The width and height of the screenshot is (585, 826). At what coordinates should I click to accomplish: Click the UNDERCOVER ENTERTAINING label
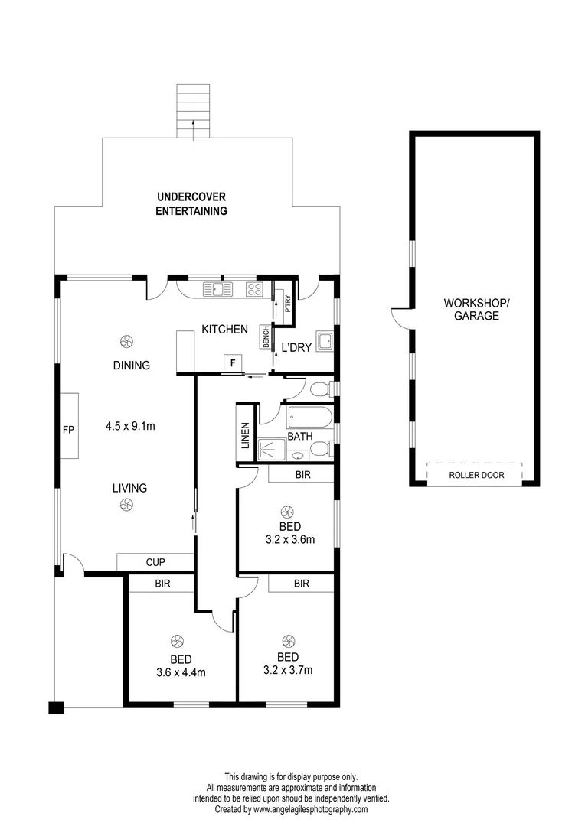coord(191,204)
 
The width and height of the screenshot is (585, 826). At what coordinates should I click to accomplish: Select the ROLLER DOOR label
coord(474,474)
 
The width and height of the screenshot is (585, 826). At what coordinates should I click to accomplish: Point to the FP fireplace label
coord(67,430)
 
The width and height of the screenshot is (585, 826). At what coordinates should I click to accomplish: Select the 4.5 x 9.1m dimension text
coord(130,426)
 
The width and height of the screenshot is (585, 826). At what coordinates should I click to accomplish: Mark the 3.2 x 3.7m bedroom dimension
coord(287,670)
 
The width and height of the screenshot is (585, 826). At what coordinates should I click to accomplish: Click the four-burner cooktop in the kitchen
coord(254,289)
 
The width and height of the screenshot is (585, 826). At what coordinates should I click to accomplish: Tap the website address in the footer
coord(310,809)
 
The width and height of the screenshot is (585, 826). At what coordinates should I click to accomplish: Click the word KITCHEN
coord(224,330)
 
